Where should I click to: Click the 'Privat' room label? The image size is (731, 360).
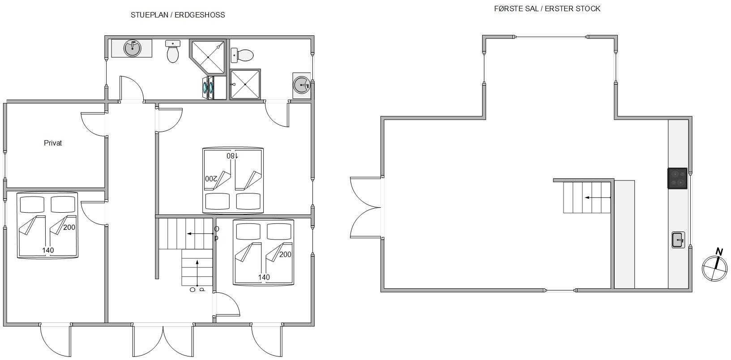[53, 143]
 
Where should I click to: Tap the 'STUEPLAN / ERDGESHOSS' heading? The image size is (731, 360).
[178, 15]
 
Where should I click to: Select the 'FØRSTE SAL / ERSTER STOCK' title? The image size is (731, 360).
[547, 9]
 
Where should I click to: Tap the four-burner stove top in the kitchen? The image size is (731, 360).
[677, 178]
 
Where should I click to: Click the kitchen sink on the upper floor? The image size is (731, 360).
[678, 240]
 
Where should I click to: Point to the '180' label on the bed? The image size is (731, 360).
[232, 156]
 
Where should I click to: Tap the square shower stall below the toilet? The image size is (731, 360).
[245, 84]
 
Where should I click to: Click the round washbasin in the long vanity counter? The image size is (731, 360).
[133, 48]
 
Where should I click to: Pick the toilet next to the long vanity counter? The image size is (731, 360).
[173, 51]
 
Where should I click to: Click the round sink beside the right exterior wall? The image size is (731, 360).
[302, 85]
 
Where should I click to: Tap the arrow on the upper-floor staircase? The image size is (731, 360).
[598, 197]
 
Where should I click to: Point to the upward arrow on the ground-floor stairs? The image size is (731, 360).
[197, 273]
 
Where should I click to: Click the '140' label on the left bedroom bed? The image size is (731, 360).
[48, 250]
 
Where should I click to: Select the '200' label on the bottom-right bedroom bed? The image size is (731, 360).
[285, 255]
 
